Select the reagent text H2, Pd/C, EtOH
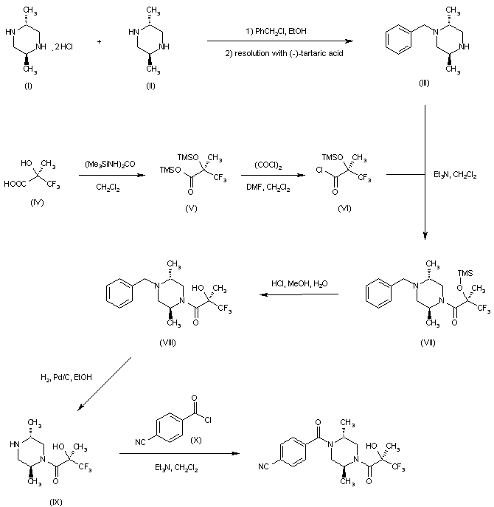[x=66, y=377]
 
